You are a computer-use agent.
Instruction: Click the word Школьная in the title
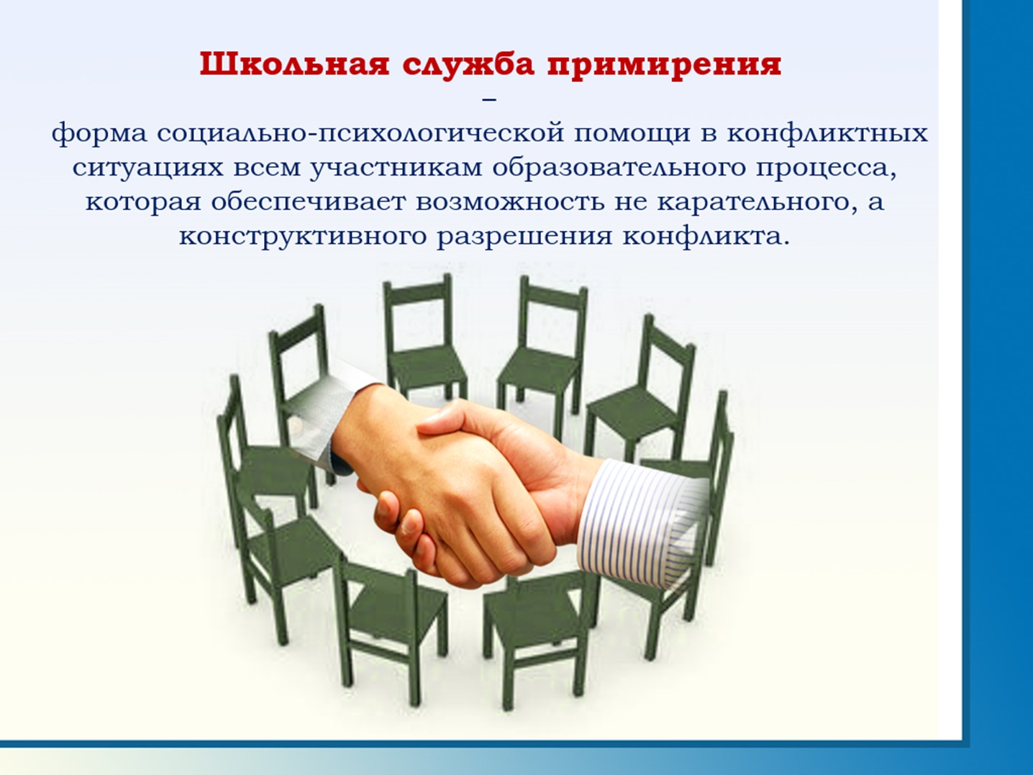295,65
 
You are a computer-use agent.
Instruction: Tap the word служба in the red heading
468,65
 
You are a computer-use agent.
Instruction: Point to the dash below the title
489,100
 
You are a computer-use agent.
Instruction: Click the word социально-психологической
360,134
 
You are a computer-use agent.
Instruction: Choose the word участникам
396,168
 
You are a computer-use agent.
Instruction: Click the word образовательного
619,168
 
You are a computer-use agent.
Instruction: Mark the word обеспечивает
308,202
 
